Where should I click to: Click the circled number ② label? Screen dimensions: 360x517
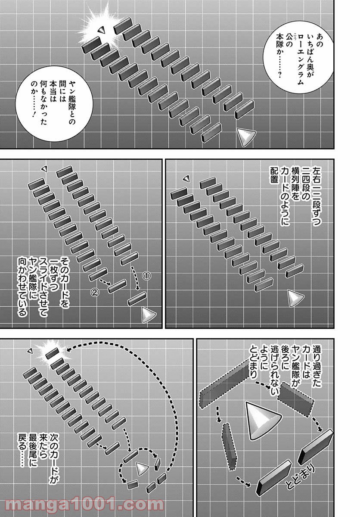(x=95, y=293)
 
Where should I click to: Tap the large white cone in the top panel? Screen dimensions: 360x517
(x=246, y=137)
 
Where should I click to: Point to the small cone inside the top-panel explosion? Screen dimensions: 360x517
(x=101, y=30)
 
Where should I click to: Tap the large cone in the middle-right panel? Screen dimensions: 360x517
(x=295, y=298)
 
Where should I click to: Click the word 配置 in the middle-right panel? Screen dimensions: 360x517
(x=274, y=175)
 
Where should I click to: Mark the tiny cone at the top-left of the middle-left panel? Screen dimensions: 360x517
(x=45, y=169)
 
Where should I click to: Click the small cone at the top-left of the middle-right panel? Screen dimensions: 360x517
(x=186, y=178)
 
